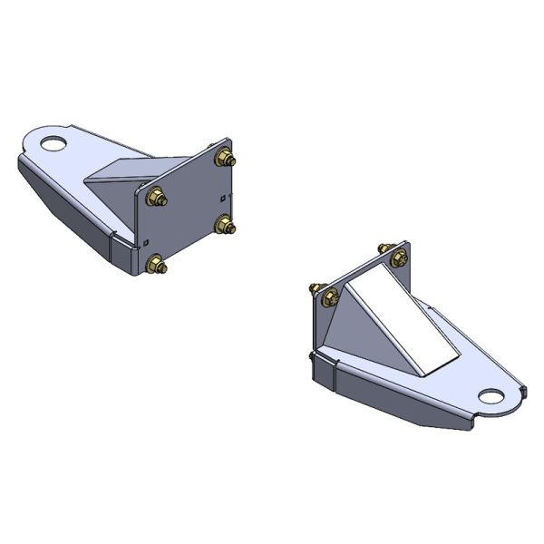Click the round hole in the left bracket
point(54,142)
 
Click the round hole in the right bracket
point(491,396)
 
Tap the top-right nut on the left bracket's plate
point(224,160)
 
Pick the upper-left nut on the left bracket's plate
point(153,196)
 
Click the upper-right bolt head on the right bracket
point(398,258)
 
